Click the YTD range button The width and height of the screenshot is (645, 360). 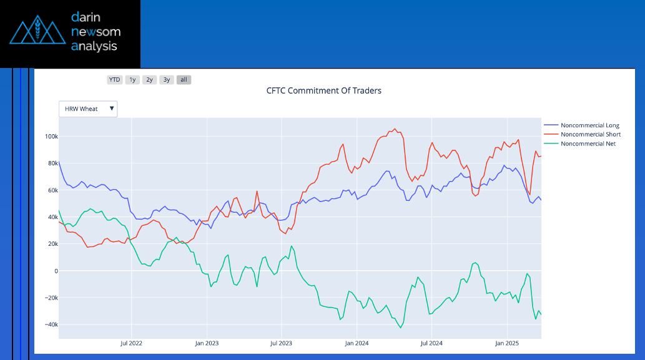[x=115, y=80]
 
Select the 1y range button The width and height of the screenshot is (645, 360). [x=132, y=80]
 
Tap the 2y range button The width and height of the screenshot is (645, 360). [x=149, y=80]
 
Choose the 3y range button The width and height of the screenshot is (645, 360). [x=166, y=80]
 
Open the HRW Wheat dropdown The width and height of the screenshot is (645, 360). [x=88, y=109]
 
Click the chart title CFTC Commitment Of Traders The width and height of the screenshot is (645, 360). [x=323, y=90]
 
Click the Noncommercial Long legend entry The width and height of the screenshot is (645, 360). [x=589, y=125]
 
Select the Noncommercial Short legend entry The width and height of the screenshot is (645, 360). [x=590, y=134]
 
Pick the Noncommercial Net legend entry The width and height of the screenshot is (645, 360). [x=588, y=144]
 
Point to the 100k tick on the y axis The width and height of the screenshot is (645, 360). [x=51, y=137]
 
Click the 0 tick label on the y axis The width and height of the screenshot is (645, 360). [x=55, y=271]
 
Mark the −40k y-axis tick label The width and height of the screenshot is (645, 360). [x=50, y=324]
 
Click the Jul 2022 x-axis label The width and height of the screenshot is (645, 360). [x=132, y=343]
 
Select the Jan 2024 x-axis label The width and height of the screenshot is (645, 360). [x=357, y=343]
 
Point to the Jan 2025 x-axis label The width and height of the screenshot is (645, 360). [x=507, y=343]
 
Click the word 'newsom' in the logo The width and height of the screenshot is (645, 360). [x=96, y=31]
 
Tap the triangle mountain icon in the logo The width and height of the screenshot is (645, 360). [x=37, y=31]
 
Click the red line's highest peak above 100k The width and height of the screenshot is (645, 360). [x=395, y=129]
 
